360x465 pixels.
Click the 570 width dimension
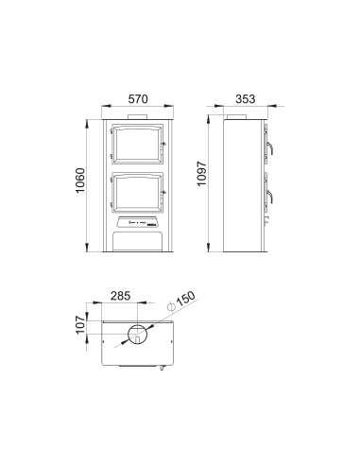click(x=138, y=98)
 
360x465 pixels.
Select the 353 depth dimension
click(x=246, y=98)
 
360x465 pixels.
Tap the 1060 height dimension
click(x=80, y=181)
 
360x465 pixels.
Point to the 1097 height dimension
click(x=201, y=174)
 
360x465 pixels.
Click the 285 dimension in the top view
click(x=120, y=296)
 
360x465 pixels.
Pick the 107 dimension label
click(x=81, y=325)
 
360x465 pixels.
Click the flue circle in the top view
click(x=137, y=334)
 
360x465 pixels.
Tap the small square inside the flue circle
click(x=137, y=339)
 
